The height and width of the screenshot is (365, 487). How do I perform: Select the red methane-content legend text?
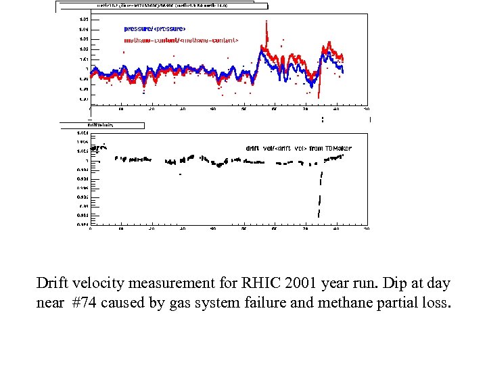[x=181, y=41]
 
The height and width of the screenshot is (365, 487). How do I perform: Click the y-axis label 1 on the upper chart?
[x=86, y=69]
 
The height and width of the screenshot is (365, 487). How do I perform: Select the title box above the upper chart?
[x=156, y=5]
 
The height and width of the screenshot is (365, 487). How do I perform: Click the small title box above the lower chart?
[x=101, y=125]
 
